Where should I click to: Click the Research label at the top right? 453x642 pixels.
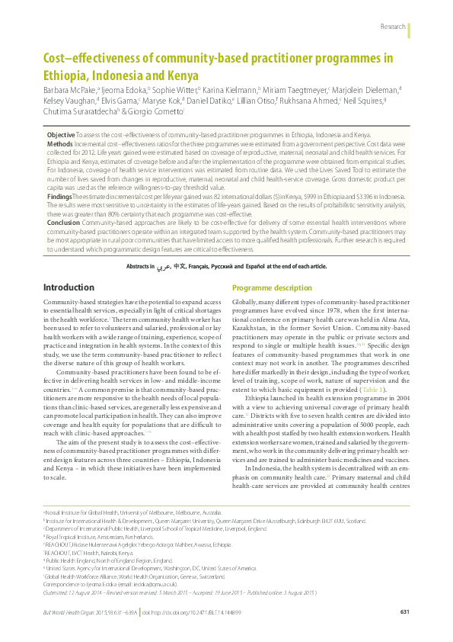[x=392, y=27]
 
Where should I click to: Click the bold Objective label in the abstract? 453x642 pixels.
[x=61, y=133]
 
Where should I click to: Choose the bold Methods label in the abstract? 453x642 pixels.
[x=60, y=143]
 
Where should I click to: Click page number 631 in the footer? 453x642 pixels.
[x=404, y=612]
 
